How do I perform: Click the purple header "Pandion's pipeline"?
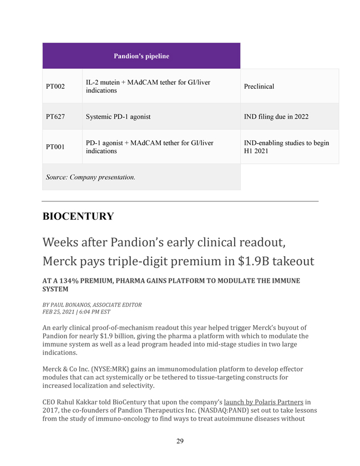tap(141, 56)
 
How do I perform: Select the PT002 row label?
tap(55, 86)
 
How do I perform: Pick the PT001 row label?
tap(55, 147)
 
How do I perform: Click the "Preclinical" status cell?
tap(258, 86)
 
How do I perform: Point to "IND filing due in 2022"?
tap(276, 117)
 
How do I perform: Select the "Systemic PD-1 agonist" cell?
tap(118, 117)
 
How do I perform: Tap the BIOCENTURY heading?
tap(78, 217)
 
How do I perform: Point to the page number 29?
tap(180, 441)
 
